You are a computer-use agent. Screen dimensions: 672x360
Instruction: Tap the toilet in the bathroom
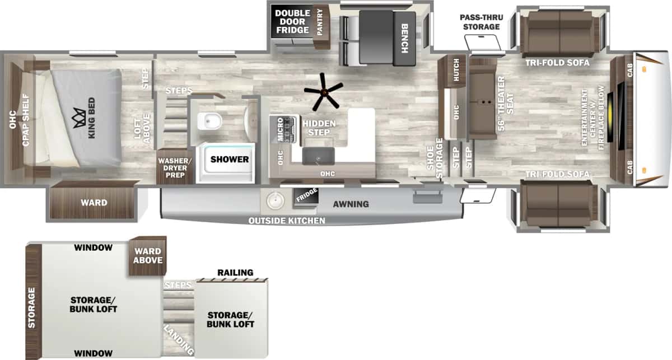tap(209, 121)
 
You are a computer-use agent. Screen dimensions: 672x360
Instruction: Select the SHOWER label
tap(230, 160)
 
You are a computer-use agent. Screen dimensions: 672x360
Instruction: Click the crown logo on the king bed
tap(78, 118)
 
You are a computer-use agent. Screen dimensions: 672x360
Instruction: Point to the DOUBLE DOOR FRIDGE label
tap(292, 22)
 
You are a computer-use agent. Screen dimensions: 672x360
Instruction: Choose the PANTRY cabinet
tap(321, 26)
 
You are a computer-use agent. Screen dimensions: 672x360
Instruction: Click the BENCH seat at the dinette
tap(404, 39)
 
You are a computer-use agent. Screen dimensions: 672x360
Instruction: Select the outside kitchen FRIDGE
tap(306, 197)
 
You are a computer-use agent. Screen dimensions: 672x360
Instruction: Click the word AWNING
tap(351, 204)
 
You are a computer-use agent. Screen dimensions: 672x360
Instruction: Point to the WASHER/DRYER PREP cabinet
tap(175, 166)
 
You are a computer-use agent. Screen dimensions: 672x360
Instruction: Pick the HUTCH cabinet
tap(456, 71)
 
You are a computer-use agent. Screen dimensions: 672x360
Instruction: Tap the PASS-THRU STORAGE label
tap(481, 22)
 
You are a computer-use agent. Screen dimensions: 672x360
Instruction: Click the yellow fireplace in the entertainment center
tap(610, 118)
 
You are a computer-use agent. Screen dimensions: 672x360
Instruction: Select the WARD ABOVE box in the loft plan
tap(148, 256)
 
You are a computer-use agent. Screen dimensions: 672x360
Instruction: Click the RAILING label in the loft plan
tap(235, 273)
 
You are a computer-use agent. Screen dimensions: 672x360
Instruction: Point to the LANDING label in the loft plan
tap(179, 340)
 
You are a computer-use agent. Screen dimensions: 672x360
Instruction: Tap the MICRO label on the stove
tap(280, 129)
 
